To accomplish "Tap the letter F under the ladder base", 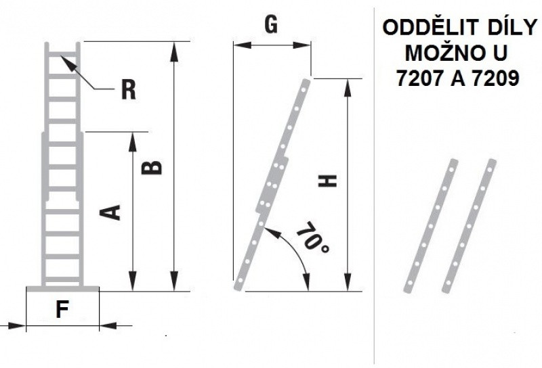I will pyautogui.click(x=62, y=310).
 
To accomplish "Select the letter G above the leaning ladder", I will pyautogui.click(x=271, y=24).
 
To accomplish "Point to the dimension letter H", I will pyautogui.click(x=327, y=181).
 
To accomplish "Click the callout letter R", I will pyautogui.click(x=127, y=89).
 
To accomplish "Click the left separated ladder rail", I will pyautogui.click(x=431, y=225).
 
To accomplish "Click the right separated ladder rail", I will pyautogui.click(x=469, y=225).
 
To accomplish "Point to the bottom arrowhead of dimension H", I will pyautogui.click(x=348, y=285).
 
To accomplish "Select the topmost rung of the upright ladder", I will pyautogui.click(x=63, y=53).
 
